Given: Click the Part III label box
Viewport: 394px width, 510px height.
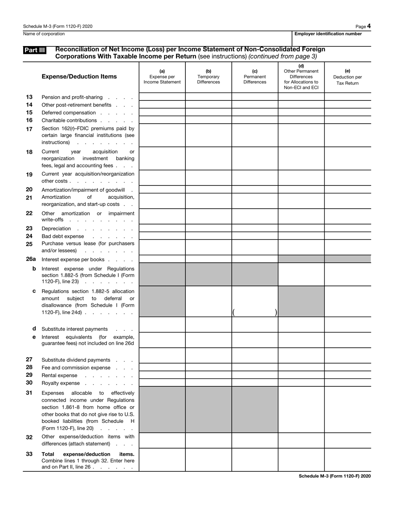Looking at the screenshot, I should click(x=34, y=50).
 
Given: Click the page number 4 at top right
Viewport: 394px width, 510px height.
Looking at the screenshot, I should click(x=369, y=26).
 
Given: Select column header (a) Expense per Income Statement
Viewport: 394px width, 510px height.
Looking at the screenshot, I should click(x=162, y=76).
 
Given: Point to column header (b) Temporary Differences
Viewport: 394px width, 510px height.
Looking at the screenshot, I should click(x=208, y=76).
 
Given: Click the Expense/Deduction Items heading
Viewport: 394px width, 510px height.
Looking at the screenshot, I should click(x=79, y=76).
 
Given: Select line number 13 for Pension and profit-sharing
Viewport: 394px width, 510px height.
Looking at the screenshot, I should click(x=29, y=97).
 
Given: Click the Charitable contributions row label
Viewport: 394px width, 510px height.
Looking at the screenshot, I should click(x=69, y=120).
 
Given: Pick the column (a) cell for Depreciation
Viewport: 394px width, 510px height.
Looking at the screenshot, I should click(x=162, y=229).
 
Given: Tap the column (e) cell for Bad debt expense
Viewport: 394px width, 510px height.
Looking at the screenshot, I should click(x=347, y=236).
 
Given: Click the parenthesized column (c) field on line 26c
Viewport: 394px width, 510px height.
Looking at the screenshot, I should click(x=255, y=312).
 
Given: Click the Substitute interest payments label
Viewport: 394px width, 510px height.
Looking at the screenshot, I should click(x=75, y=329).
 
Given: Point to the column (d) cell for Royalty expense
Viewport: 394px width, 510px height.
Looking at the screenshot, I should click(x=301, y=383).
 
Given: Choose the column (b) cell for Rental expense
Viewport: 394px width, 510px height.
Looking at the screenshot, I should click(x=208, y=375).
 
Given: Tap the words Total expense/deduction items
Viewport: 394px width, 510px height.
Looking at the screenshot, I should click(x=88, y=454).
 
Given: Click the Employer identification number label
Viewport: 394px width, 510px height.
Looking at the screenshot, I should click(x=328, y=34).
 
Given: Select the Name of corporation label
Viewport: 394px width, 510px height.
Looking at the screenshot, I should click(x=44, y=34).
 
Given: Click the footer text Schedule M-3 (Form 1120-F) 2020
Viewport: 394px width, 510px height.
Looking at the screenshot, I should click(x=334, y=476).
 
